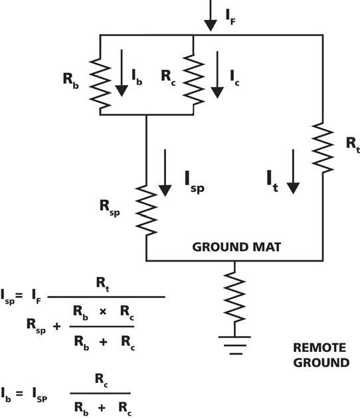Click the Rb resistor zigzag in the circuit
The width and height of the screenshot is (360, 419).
click(100, 84)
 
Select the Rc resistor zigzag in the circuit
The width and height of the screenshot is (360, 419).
click(193, 80)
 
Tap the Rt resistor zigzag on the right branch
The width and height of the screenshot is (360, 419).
click(323, 148)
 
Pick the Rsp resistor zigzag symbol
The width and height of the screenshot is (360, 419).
click(146, 211)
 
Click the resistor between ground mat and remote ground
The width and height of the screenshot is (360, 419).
click(234, 297)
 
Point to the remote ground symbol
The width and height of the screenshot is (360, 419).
click(234, 345)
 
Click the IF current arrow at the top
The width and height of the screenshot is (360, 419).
click(211, 15)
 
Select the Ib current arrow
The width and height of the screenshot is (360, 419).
click(122, 73)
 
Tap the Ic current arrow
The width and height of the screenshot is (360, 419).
click(217, 75)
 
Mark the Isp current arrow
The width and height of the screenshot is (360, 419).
click(165, 173)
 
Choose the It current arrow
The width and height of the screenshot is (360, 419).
click(293, 171)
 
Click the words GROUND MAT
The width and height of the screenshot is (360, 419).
click(236, 247)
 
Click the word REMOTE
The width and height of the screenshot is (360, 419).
click(319, 348)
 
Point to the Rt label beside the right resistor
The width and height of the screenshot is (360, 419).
click(353, 145)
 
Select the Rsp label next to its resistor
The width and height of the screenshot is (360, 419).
click(110, 208)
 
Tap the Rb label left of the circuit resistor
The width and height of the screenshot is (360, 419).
click(71, 80)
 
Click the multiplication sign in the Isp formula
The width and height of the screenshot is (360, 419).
click(103, 311)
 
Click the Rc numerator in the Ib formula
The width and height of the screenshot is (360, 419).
click(102, 380)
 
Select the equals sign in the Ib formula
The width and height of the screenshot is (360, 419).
click(19, 393)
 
